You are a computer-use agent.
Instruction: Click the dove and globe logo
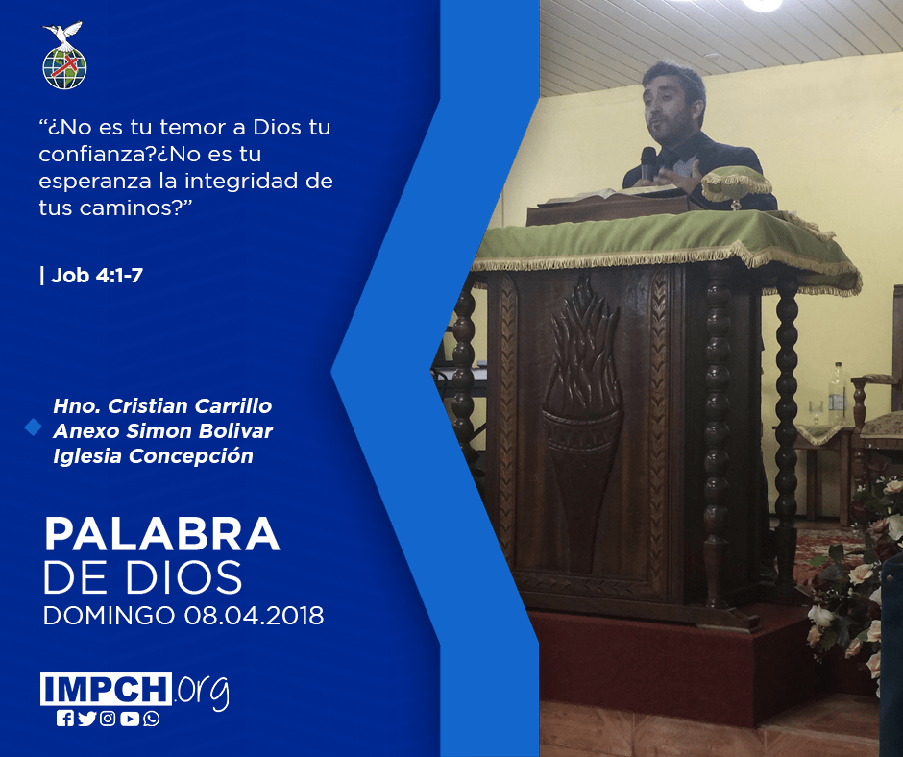pyautogui.click(x=64, y=56)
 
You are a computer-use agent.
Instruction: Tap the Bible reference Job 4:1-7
pyautogui.click(x=97, y=276)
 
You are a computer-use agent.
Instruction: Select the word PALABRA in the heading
pyautogui.click(x=161, y=535)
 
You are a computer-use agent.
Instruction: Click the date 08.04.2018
pyautogui.click(x=254, y=615)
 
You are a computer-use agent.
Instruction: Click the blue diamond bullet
pyautogui.click(x=33, y=427)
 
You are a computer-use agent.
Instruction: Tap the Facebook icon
pyautogui.click(x=64, y=719)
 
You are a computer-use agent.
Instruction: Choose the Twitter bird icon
pyautogui.click(x=86, y=719)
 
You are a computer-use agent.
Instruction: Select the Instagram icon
pyautogui.click(x=108, y=719)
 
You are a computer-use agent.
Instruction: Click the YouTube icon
pyautogui.click(x=130, y=719)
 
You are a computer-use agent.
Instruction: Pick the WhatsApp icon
pyautogui.click(x=152, y=719)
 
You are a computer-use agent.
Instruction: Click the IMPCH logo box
pyautogui.click(x=106, y=689)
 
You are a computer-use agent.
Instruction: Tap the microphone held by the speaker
pyautogui.click(x=648, y=162)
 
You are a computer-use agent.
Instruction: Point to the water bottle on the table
pyautogui.click(x=836, y=394)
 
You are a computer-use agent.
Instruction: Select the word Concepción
pyautogui.click(x=190, y=456)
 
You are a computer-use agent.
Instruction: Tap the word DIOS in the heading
pyautogui.click(x=184, y=577)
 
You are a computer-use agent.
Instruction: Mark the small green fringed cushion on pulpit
pyautogui.click(x=736, y=183)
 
